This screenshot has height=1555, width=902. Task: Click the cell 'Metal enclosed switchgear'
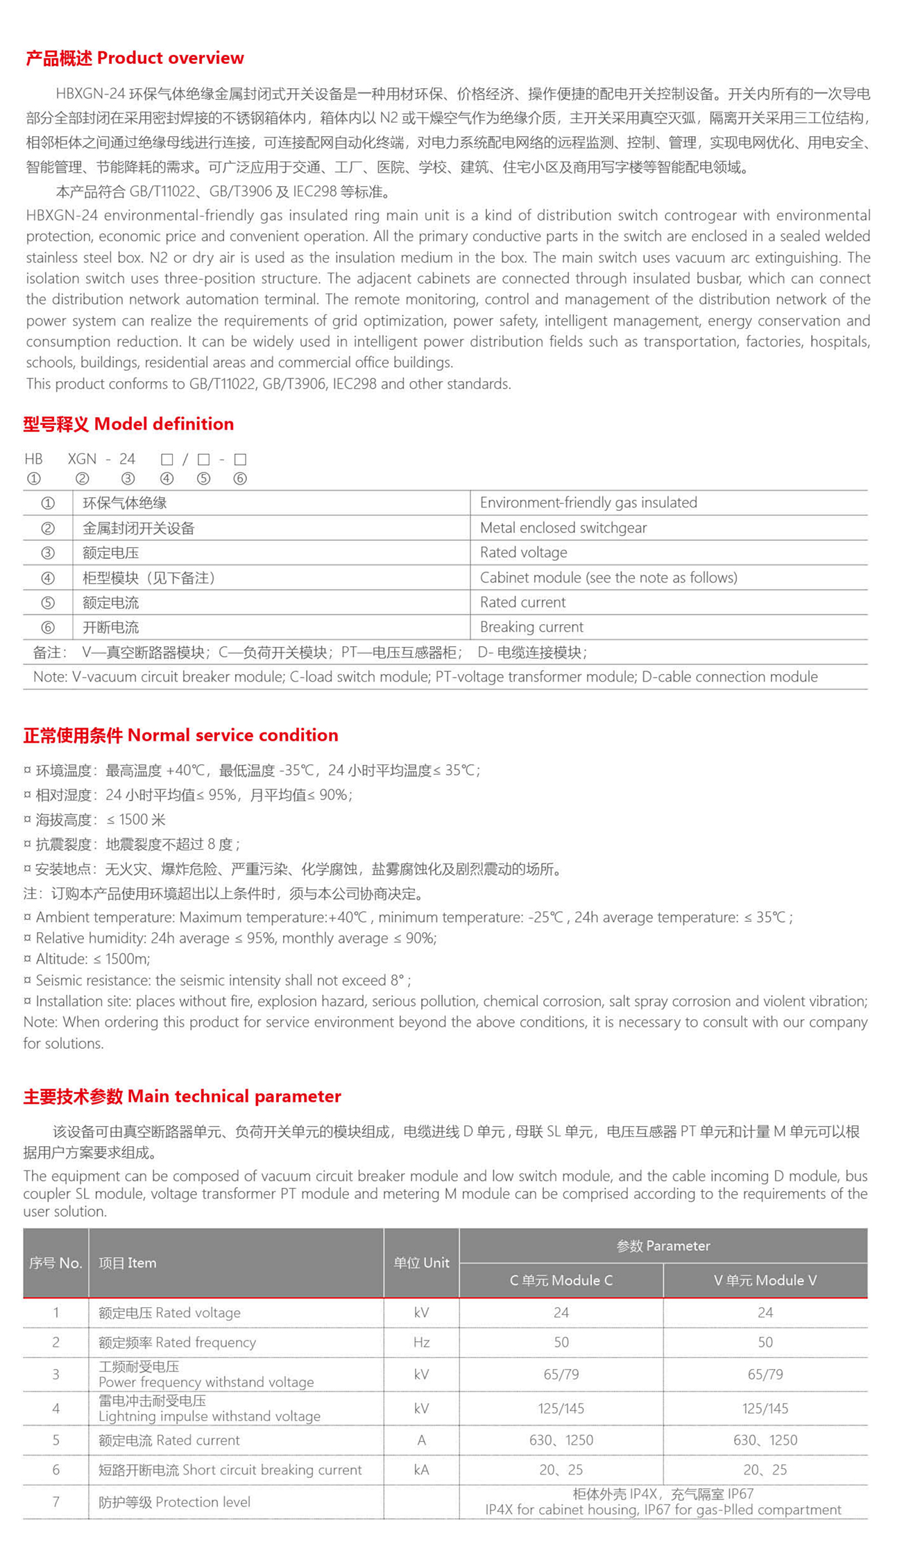point(563,528)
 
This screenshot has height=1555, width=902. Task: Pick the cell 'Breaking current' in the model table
point(531,627)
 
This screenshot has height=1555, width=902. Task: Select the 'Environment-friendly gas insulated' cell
point(588,503)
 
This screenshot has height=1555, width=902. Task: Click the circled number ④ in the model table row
point(48,578)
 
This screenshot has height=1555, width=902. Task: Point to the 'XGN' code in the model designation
point(82,459)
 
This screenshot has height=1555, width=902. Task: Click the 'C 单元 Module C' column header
point(561,1280)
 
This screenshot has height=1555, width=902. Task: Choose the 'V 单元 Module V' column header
point(765,1280)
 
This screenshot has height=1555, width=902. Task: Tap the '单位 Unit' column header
point(421,1263)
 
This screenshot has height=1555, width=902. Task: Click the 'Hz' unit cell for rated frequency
point(421,1342)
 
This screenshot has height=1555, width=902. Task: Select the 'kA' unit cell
point(421,1470)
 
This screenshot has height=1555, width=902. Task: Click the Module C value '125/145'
point(561,1408)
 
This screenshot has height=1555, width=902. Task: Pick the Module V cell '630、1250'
point(765,1440)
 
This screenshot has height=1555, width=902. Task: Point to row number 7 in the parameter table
point(56,1502)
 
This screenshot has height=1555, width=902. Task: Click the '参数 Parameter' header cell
point(663,1245)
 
